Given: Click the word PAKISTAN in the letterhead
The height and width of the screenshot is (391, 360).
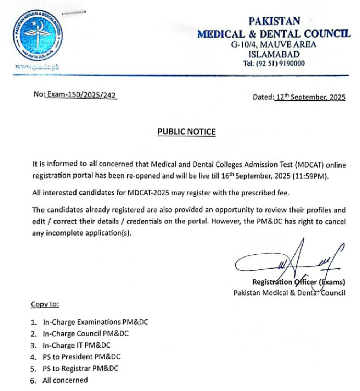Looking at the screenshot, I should click(x=274, y=21).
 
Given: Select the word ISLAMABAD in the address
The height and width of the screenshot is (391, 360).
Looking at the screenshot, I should click(x=274, y=54).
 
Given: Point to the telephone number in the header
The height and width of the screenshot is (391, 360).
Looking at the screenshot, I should click(x=274, y=63).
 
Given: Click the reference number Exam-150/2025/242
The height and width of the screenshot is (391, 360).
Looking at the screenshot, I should click(x=81, y=97).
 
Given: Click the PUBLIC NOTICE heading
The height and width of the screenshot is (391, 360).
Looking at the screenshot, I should click(x=186, y=132).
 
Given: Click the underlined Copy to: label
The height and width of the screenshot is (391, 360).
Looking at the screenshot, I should click(x=45, y=304).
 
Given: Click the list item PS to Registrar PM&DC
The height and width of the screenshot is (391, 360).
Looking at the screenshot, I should click(x=81, y=368).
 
